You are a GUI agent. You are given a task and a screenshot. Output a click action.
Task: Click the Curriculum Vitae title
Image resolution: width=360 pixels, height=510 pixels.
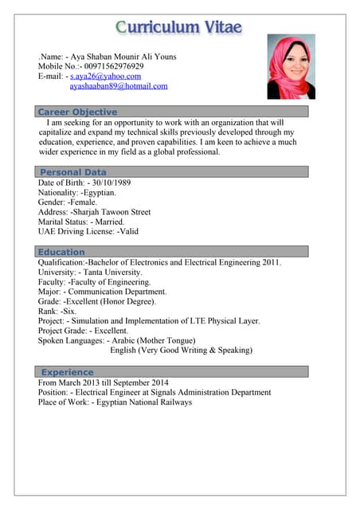click(x=178, y=26)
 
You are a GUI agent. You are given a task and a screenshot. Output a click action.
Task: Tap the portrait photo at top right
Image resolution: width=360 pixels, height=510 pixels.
click(x=291, y=66)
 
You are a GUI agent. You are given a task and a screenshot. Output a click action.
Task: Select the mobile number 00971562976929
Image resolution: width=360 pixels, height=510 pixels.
click(x=110, y=67)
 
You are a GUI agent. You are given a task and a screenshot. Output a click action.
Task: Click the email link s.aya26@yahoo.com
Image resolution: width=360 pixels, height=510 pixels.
click(x=105, y=76)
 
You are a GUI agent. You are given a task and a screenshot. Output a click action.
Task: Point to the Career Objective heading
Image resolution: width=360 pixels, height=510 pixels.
click(x=77, y=112)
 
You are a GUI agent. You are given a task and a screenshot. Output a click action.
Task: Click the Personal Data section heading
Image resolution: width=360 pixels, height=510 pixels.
click(x=72, y=172)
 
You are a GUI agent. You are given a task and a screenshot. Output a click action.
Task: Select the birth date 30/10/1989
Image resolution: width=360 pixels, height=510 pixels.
click(x=110, y=182)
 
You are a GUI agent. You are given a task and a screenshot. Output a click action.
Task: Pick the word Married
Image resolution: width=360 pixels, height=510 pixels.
click(x=116, y=222)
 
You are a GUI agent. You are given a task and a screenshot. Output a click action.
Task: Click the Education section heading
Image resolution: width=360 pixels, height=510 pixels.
click(x=61, y=253)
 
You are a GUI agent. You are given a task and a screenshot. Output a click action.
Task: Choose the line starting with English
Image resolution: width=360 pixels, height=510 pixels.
click(x=181, y=350)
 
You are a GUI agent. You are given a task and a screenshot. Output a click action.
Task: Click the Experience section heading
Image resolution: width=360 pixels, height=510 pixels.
click(x=67, y=372)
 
